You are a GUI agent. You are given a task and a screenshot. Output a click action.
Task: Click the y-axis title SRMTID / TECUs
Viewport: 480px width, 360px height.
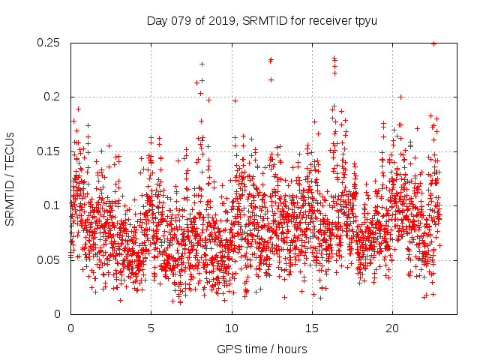point(10,179)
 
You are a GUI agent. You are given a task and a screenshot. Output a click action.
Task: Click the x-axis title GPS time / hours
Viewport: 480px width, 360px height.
point(262,349)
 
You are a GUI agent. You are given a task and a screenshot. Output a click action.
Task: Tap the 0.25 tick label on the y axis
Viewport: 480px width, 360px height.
point(49,43)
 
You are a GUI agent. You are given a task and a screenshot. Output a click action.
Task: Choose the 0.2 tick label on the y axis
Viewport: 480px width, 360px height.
point(54,97)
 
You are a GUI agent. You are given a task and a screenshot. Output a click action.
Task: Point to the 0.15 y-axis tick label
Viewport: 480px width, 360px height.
point(49,151)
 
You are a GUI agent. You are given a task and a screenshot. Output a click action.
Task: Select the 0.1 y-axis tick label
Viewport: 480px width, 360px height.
point(54,205)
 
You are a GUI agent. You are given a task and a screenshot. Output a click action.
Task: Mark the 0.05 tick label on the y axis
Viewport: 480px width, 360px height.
point(49,260)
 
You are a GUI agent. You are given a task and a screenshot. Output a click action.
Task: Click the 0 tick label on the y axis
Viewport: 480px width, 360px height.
point(61,314)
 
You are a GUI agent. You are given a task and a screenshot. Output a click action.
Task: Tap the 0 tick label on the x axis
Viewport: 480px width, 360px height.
point(70,328)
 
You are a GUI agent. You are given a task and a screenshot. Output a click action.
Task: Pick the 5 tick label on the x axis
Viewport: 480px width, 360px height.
point(151,328)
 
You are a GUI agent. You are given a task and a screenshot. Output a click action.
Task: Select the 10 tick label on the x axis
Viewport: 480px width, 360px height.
point(232,328)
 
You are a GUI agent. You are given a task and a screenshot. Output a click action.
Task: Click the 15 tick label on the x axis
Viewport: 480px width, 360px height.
point(312,328)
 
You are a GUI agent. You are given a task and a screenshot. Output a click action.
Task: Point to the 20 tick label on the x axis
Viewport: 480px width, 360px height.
point(392,328)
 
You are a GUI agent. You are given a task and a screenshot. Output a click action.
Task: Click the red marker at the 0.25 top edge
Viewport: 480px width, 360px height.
point(433,43)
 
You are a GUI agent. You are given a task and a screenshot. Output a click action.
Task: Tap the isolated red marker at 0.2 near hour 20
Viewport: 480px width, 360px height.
point(400,97)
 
